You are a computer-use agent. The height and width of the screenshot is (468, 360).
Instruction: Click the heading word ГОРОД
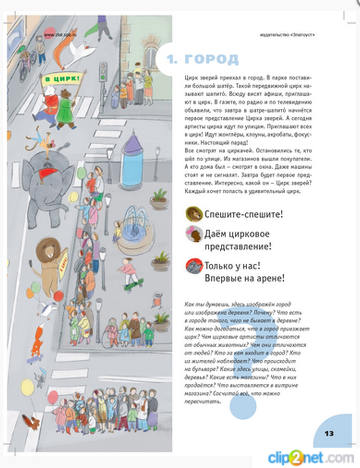tap(212, 59)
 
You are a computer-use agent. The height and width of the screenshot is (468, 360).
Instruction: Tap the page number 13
tap(329, 433)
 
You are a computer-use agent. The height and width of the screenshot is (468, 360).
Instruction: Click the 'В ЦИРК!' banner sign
tap(60, 79)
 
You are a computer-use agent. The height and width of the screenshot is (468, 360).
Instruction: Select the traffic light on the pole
tap(103, 71)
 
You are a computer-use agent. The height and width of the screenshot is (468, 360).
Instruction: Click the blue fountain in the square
tap(134, 226)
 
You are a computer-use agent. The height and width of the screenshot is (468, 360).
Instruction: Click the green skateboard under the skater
tap(133, 284)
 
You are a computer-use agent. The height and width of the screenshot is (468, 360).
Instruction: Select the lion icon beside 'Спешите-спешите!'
tap(193, 214)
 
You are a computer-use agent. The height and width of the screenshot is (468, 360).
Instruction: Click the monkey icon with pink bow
tap(194, 234)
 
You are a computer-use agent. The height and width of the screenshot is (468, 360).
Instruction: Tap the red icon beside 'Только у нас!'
tap(194, 267)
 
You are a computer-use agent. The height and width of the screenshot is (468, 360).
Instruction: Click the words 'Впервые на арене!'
tap(244, 278)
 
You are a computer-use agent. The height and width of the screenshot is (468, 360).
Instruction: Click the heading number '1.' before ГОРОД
tap(172, 59)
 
